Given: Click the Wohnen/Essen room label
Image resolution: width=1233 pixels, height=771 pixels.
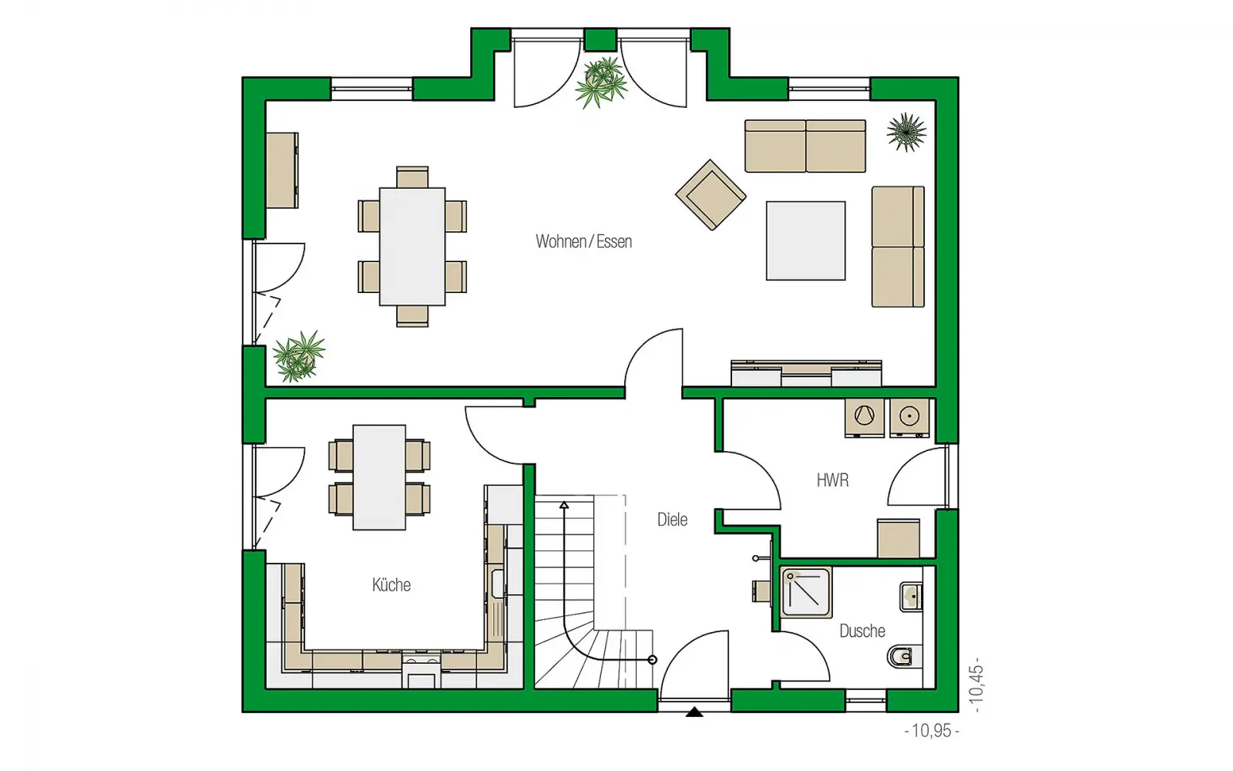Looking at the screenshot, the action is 583,241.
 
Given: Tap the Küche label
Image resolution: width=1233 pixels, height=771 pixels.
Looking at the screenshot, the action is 391,584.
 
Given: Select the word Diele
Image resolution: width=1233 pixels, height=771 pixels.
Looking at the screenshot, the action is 672,520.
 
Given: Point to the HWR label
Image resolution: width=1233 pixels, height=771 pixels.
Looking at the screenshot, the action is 832,480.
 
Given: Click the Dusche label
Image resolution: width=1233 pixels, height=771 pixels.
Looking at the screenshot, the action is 862,631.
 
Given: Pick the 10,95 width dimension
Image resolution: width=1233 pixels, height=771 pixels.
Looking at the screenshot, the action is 932,731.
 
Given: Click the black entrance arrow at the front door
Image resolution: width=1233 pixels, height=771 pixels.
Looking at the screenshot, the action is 694,712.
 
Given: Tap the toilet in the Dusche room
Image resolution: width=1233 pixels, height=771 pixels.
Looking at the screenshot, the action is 901,656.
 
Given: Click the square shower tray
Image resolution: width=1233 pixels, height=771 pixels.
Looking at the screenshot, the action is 806,593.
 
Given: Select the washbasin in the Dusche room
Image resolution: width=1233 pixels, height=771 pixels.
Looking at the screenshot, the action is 911,597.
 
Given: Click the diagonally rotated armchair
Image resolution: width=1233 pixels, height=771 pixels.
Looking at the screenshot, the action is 711,195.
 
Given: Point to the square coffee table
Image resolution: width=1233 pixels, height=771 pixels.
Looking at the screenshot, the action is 806,241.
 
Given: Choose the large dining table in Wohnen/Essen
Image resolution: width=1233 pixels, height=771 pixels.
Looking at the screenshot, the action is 412,246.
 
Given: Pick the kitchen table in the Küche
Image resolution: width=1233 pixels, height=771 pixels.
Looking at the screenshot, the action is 379,477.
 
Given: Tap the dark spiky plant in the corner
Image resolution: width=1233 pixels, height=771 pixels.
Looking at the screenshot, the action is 906,132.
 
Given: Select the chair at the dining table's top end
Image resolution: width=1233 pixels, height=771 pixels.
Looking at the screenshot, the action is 412,177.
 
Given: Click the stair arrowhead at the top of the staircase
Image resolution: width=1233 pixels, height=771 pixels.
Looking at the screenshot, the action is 563,504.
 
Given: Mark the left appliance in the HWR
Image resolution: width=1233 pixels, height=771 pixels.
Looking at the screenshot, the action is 864,417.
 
